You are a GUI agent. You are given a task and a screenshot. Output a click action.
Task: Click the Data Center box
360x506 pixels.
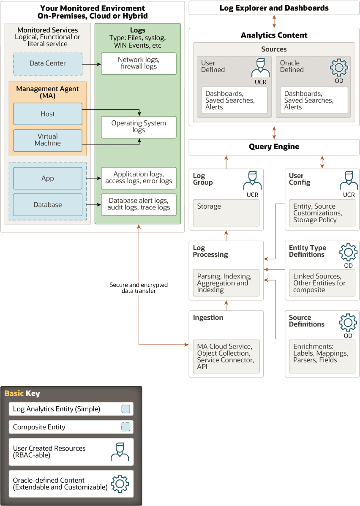tap(47, 63)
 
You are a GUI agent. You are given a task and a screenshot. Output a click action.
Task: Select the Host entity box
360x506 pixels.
tap(47, 114)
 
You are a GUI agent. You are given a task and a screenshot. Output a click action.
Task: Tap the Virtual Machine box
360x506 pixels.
tap(47, 140)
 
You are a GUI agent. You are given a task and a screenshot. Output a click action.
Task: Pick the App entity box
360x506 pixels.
tap(47, 178)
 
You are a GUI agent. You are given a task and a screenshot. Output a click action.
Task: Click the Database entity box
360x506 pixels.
tap(47, 205)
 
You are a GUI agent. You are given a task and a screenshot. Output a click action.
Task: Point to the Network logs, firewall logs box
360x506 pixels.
tap(139, 63)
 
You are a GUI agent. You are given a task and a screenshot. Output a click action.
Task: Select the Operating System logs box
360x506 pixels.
tap(139, 127)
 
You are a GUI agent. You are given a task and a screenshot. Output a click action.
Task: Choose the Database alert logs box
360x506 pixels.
tap(139, 204)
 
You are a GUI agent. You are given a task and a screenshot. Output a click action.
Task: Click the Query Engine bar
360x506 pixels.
tap(274, 147)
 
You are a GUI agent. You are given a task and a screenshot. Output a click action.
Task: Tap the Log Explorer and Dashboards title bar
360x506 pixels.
tap(274, 8)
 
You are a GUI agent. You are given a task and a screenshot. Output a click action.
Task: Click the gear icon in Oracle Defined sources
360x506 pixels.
tap(338, 68)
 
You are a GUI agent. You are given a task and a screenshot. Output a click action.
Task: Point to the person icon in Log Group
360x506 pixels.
tap(252, 180)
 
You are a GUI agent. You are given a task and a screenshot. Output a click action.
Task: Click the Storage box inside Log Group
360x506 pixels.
tap(226, 213)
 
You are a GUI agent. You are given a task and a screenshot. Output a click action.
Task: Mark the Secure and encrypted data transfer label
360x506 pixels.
tap(139, 288)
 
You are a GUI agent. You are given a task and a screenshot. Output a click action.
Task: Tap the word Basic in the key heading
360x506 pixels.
tap(14, 394)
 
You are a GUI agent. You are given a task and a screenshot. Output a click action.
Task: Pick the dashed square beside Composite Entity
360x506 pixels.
tap(125, 427)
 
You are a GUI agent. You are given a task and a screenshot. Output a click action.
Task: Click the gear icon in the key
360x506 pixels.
tap(120, 484)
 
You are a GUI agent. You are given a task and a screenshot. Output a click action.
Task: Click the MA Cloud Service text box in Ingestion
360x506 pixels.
tap(226, 357)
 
